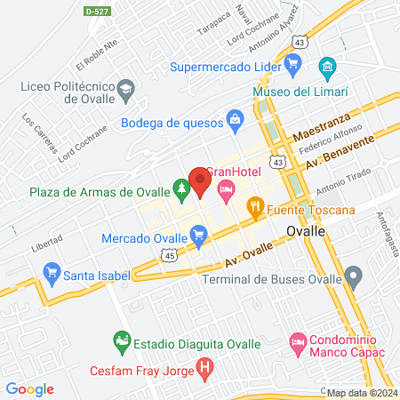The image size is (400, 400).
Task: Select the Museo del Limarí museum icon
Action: [x=327, y=67]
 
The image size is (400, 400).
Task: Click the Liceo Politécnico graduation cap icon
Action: [x=126, y=89]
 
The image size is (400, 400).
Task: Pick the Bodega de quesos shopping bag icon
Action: [x=235, y=118]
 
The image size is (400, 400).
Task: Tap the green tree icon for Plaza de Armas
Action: [x=181, y=188]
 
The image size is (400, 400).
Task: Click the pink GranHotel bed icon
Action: [x=226, y=188]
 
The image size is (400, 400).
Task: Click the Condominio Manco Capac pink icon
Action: [x=298, y=341]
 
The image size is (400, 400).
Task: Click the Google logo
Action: [x=29, y=389]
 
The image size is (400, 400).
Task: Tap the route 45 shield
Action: [x=169, y=256]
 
